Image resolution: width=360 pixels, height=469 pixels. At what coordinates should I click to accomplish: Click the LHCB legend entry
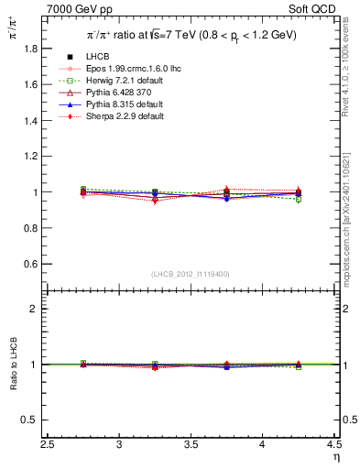(95, 58)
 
